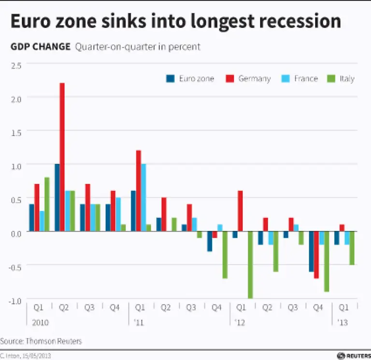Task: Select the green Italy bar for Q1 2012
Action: (250, 265)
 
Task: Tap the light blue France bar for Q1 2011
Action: (143, 198)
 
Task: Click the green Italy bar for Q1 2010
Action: (47, 205)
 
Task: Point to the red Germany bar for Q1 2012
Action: (240, 211)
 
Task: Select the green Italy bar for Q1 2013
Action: (352, 248)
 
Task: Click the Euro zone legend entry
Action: (190, 79)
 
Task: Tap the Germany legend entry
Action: (248, 79)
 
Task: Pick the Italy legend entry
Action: (342, 79)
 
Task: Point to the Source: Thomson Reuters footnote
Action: (41, 341)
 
